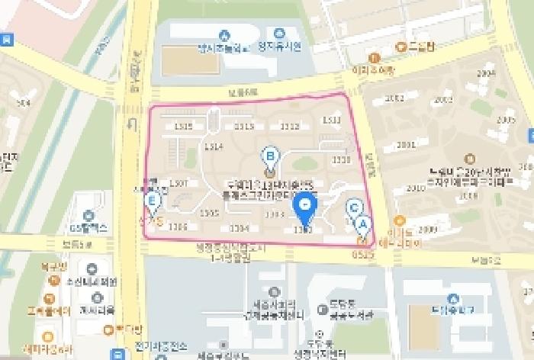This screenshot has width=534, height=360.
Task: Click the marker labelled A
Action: [x=362, y=224]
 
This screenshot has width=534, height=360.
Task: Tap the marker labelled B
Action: [x=269, y=157]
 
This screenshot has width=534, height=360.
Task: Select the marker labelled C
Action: [x=354, y=207]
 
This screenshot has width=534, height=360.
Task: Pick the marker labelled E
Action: [x=153, y=202]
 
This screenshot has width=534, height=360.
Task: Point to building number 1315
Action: [x=183, y=127]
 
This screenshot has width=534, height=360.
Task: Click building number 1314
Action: [x=214, y=146]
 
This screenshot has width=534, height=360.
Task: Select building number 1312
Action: [x=290, y=127]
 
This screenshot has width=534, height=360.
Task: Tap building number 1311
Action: [x=332, y=120]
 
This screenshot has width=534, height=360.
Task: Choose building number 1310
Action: [x=341, y=159]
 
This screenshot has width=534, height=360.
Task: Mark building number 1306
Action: [x=178, y=227]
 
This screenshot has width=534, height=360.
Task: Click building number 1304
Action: [x=240, y=228]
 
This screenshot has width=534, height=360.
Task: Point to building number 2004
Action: [x=485, y=73]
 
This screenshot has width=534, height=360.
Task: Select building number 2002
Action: [x=394, y=98]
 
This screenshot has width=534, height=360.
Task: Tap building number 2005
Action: [x=506, y=121]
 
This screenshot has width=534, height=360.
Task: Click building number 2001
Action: [x=406, y=145]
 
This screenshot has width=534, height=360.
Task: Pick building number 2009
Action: [x=427, y=229]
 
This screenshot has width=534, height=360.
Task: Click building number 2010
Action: [x=416, y=188]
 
